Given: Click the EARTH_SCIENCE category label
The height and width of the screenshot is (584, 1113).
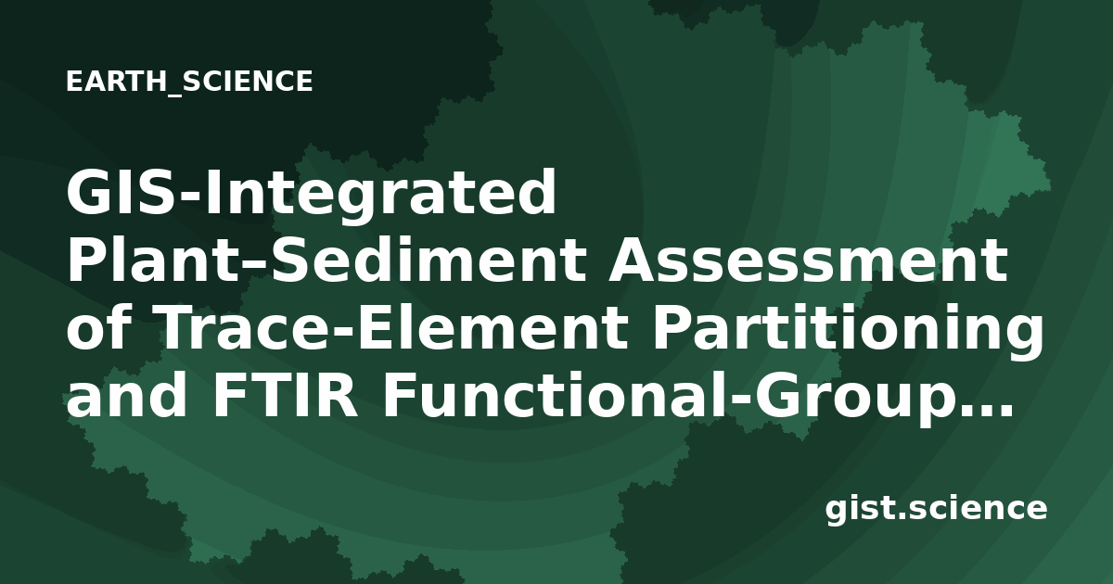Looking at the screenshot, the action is click(x=189, y=82).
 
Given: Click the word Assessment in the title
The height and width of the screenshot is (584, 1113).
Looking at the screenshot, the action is click(x=809, y=260).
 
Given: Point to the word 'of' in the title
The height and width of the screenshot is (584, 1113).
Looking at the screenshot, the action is click(x=98, y=328).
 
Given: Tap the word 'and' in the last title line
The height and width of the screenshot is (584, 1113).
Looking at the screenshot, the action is click(x=127, y=397).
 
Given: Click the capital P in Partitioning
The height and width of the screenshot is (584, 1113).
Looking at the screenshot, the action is click(x=673, y=328).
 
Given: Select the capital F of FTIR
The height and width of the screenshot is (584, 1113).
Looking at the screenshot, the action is click(x=230, y=397).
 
